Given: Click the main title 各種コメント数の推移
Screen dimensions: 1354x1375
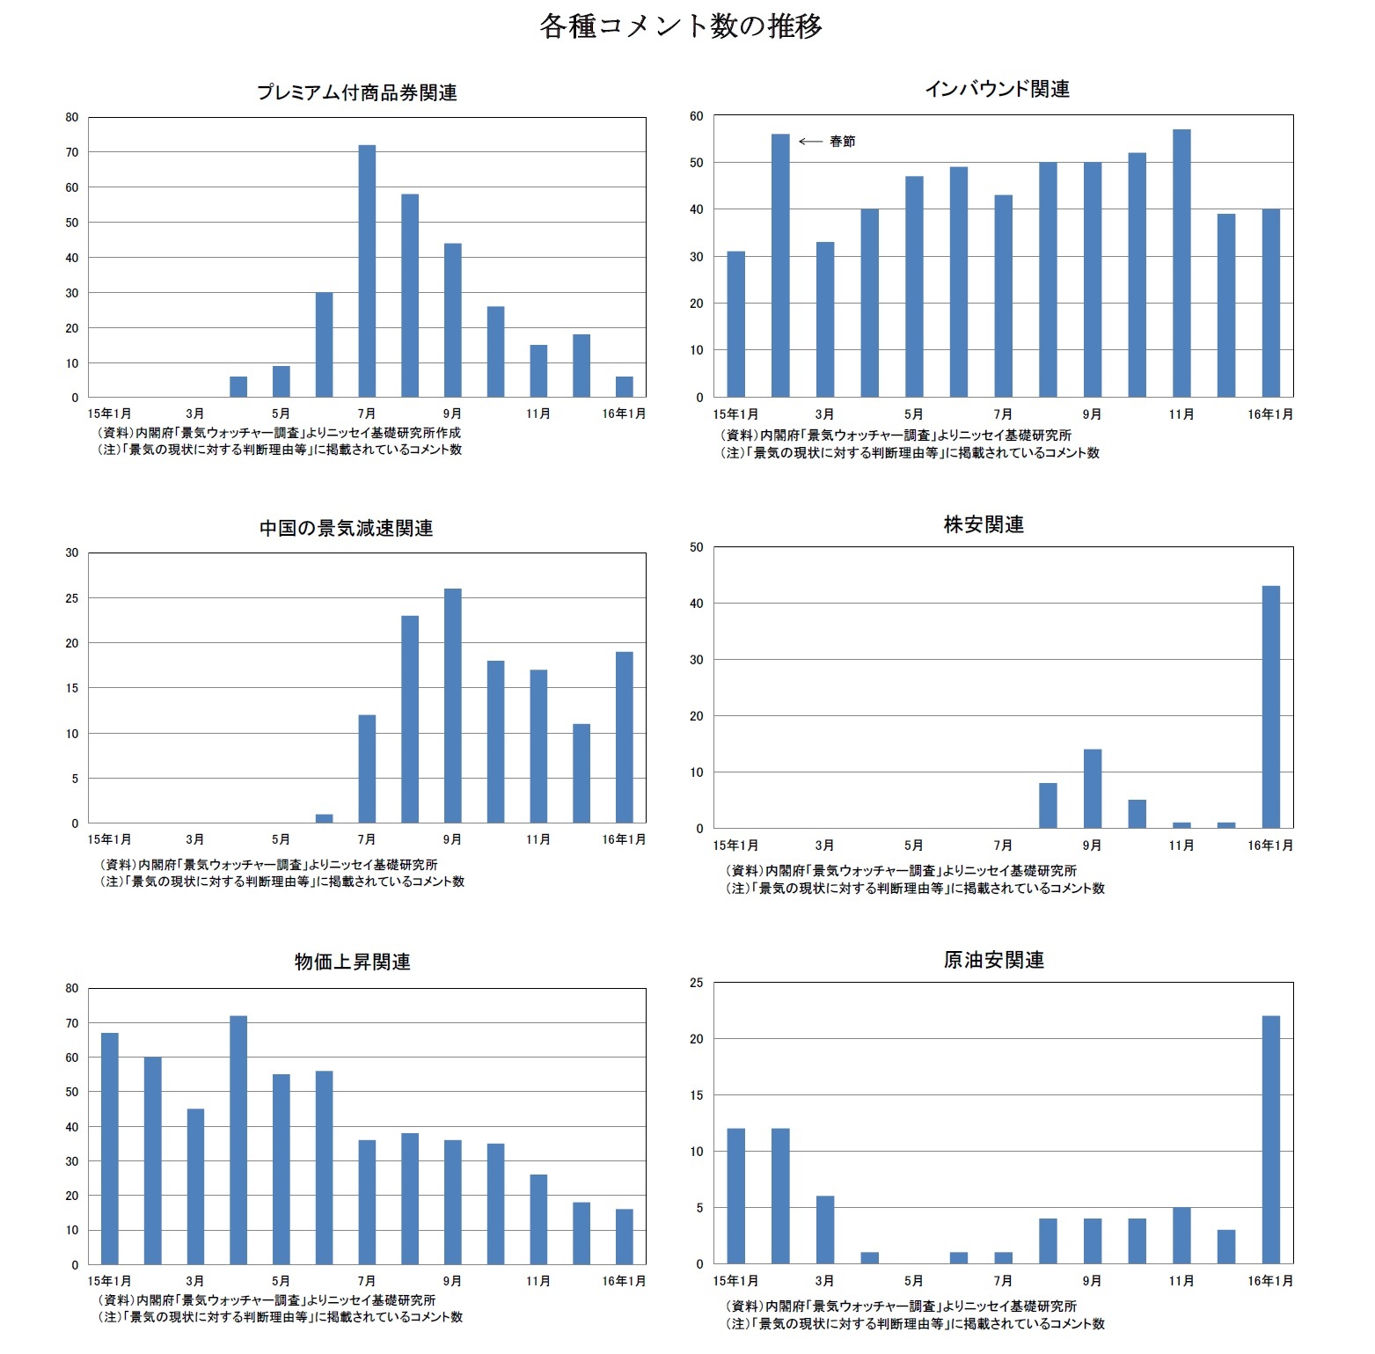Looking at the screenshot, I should pos(681,26).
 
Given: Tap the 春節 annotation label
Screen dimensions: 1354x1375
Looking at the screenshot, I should pos(842,142).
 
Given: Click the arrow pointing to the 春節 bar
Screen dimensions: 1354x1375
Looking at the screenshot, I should pos(810,142).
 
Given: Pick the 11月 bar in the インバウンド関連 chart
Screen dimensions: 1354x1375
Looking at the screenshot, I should pos(1181,263).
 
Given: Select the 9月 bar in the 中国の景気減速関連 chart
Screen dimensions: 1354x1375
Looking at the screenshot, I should pos(452,706).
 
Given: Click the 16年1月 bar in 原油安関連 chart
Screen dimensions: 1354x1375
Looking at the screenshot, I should pos(1270,1139).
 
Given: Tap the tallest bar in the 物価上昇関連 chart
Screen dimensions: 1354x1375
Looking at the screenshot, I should pos(238,1139).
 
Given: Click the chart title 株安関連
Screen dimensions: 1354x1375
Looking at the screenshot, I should pos(984,525).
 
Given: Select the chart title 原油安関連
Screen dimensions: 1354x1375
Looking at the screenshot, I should pos(993,961).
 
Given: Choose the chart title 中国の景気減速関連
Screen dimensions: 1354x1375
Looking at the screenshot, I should pos(346,529).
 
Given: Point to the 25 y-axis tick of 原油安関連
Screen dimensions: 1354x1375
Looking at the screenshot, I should pos(697,983).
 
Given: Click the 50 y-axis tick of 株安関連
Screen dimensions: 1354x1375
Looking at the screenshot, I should pos(697,547).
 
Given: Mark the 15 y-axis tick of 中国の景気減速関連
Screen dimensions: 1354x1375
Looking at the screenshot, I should pos(72,688).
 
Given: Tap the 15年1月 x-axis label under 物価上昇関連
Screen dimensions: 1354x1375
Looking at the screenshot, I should pos(110,1281).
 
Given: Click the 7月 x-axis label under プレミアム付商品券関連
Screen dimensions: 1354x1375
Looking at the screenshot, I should pos(367,414).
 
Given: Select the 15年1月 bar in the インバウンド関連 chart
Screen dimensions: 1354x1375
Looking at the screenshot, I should pos(735,324).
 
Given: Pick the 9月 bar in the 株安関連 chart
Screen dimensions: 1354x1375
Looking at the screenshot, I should pos(1093,788).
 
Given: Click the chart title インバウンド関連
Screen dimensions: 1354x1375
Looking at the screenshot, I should pos(997,90).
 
